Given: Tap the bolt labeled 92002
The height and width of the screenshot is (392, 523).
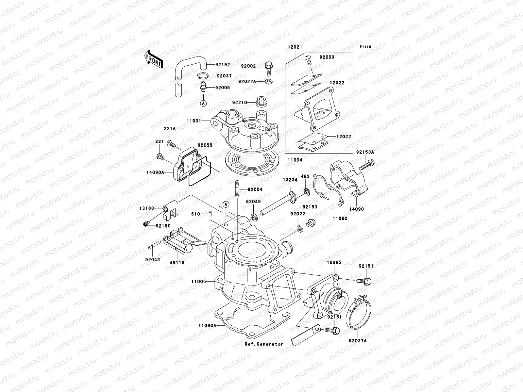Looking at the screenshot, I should tap(269, 67).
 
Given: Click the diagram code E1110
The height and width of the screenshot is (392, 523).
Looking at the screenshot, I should tap(365, 47).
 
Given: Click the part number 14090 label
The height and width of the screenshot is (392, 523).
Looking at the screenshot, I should tap(356, 209).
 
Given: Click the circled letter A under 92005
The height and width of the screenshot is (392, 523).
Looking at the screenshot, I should tap(203, 103).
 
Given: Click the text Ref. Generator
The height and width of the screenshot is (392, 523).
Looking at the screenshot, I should tap(263, 344).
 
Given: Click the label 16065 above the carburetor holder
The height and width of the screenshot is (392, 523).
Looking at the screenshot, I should tap(334, 262).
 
